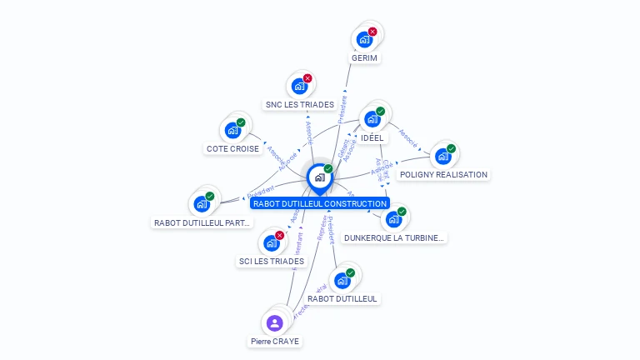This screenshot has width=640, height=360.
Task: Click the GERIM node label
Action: tap(364, 58)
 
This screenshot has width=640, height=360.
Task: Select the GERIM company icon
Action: tap(364, 39)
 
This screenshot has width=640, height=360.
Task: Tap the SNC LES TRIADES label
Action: tap(300, 105)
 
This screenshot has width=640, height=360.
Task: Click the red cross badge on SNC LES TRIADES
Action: tap(307, 78)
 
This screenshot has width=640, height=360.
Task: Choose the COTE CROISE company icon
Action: tap(232, 130)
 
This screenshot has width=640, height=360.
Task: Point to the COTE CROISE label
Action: tap(232, 149)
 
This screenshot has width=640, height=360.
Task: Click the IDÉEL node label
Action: tap(372, 137)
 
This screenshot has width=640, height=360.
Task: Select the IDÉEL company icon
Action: tap(372, 118)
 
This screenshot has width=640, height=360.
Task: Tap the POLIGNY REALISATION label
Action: tap(443, 175)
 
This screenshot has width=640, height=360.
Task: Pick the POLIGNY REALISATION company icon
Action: tap(442, 156)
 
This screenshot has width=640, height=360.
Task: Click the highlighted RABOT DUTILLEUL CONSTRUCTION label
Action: tap(320, 203)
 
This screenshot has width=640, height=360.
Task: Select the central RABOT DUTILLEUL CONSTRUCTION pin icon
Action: tap(319, 177)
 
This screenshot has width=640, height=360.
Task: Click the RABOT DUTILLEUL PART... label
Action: tap(202, 223)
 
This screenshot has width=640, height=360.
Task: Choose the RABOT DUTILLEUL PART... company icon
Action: tap(202, 203)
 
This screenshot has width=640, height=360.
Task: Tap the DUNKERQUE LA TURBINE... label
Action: tap(395, 237)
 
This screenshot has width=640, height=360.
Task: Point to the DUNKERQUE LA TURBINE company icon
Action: tap(393, 219)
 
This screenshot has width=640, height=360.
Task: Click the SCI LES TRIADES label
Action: tap(271, 262)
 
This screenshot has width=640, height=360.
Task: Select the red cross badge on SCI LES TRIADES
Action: tap(279, 235)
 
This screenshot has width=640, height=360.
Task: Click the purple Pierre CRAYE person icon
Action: tap(275, 322)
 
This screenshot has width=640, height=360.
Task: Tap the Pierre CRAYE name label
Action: tap(275, 342)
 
